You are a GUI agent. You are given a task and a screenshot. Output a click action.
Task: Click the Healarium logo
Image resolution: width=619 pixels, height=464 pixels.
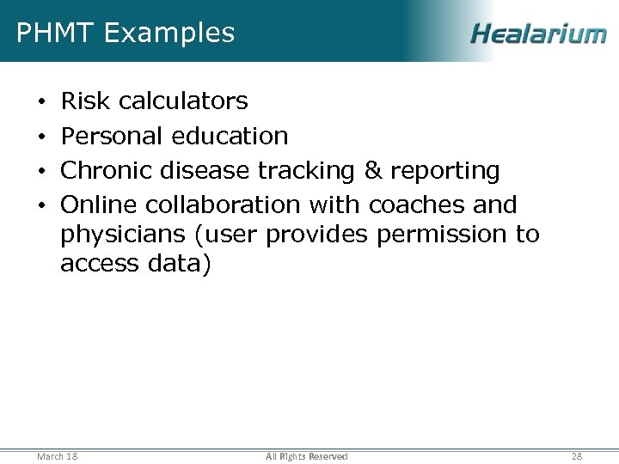coord(538,34)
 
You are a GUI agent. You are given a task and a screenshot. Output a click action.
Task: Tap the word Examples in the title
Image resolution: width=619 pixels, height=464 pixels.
coord(169,33)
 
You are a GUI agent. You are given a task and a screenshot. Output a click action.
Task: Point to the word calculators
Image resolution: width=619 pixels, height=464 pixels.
coord(183,101)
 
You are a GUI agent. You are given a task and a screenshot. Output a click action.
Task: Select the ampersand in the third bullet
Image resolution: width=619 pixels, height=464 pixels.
coord(373,171)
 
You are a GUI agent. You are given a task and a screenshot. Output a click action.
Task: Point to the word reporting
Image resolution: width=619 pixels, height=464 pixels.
coord(444,172)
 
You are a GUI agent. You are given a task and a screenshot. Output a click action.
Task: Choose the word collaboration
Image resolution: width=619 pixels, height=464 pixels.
coord(223,205)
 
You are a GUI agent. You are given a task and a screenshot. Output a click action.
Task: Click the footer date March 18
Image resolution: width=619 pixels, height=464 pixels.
coord(58,456)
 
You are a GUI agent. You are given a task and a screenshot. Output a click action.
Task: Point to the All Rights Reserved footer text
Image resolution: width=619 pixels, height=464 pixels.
coord(307,456)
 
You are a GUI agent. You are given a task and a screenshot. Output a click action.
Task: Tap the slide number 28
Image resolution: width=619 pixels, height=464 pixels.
coord(577,456)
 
